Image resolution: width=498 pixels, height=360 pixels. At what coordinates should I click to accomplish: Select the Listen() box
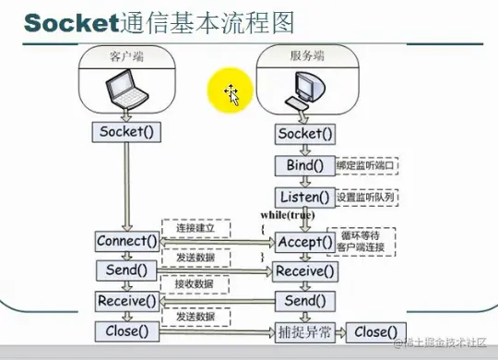coord(302,198)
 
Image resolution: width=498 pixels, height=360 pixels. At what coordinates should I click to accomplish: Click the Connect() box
coord(126,242)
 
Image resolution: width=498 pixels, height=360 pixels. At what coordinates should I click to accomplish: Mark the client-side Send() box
coord(126,270)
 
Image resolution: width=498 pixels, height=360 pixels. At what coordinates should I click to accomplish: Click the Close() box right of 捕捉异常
coord(375,331)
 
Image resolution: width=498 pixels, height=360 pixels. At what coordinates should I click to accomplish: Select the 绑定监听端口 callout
coord(364,166)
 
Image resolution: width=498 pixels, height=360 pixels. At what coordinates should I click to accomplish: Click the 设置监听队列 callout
coord(365,198)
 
